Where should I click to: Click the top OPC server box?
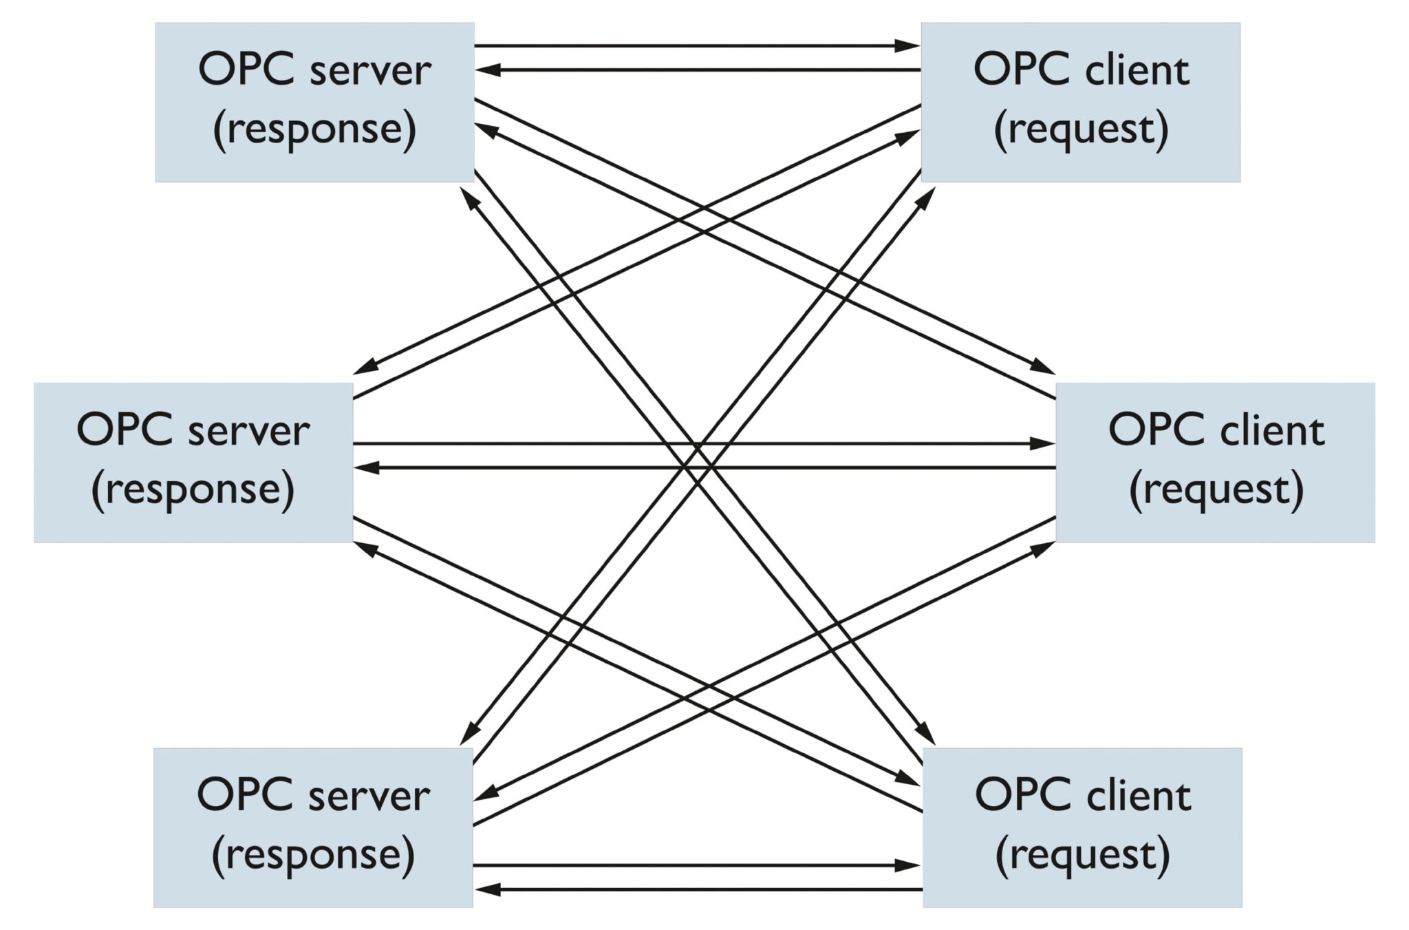pyautogui.click(x=314, y=102)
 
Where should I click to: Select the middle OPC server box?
pyautogui.click(x=193, y=462)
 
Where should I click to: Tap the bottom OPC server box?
pyautogui.click(x=313, y=827)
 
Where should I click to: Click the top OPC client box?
pyautogui.click(x=1080, y=102)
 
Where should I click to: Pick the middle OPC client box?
pyautogui.click(x=1215, y=462)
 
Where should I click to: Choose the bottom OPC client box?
pyautogui.click(x=1082, y=827)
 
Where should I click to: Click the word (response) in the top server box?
pyautogui.click(x=314, y=129)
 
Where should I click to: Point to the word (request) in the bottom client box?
pyautogui.click(x=1083, y=855)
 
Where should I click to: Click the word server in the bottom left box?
pyautogui.click(x=369, y=796)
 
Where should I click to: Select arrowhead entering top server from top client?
pyautogui.click(x=488, y=70)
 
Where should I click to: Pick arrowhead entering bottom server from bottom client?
pyautogui.click(x=488, y=889)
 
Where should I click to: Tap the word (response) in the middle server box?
pyautogui.click(x=193, y=490)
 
